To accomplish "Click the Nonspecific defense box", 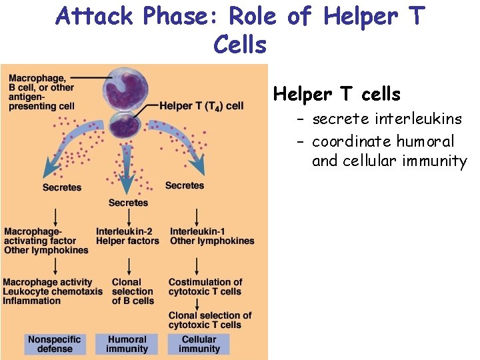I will point(55,344).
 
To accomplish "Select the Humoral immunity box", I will point(127,344).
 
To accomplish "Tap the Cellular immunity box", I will point(199,344).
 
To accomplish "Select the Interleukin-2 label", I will point(124,231).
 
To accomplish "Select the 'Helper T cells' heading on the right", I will point(337,95).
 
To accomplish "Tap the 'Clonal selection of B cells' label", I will point(132,291).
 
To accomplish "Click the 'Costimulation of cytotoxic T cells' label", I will point(205,287).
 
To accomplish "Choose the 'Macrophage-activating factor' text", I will point(40,236).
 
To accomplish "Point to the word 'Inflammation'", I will point(32,301).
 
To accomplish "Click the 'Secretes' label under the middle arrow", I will point(128,203).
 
